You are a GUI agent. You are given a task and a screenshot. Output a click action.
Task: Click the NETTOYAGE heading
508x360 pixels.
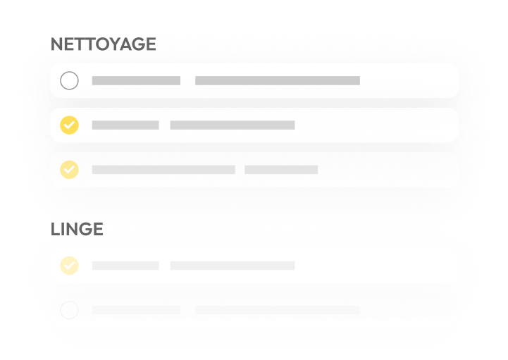pos(104,44)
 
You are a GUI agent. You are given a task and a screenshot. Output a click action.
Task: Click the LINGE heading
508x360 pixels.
pos(77,229)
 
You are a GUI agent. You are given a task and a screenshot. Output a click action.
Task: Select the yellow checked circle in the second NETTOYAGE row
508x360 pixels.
pos(69,125)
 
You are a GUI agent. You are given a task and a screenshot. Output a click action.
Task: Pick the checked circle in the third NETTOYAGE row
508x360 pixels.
pos(69,170)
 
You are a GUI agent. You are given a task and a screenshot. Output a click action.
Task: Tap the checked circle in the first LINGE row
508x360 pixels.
pos(69,266)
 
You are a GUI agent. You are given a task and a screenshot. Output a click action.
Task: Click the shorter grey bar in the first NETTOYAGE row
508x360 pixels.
pos(136,81)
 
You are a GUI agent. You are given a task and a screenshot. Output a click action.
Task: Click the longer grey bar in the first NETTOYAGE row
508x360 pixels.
pos(278,81)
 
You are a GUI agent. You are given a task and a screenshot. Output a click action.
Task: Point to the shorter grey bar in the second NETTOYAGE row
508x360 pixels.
pos(125,125)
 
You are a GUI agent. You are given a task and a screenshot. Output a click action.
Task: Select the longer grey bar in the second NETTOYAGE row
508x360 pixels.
pos(233,125)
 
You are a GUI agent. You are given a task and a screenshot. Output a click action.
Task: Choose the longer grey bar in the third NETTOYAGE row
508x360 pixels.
pos(163,170)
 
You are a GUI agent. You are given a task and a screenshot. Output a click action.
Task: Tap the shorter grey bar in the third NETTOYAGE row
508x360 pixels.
pos(281,170)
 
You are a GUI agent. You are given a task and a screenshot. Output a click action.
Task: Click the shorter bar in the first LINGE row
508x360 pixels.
pos(125,266)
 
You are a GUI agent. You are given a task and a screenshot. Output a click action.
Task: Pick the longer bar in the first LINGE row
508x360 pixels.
pos(233,266)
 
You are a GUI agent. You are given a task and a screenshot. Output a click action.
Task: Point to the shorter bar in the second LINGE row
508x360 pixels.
pos(136,310)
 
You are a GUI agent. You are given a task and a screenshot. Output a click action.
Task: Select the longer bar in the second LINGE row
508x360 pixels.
pos(278,310)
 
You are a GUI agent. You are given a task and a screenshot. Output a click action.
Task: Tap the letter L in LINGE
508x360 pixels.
pos(56,229)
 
